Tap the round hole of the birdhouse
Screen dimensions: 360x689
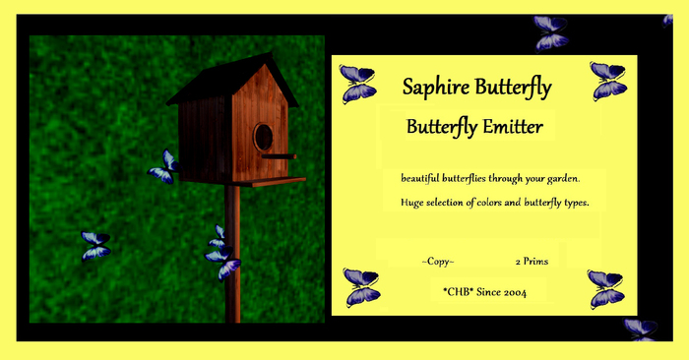click(263, 137)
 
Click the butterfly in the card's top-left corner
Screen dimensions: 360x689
click(357, 84)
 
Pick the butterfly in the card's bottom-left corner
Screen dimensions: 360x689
click(361, 287)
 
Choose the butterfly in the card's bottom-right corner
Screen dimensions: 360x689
click(605, 289)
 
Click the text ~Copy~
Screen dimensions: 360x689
click(437, 262)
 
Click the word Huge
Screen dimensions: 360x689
click(412, 203)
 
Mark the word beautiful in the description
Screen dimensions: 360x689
click(424, 178)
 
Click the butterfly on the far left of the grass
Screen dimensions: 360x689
click(95, 245)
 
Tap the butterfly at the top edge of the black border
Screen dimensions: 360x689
click(551, 31)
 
